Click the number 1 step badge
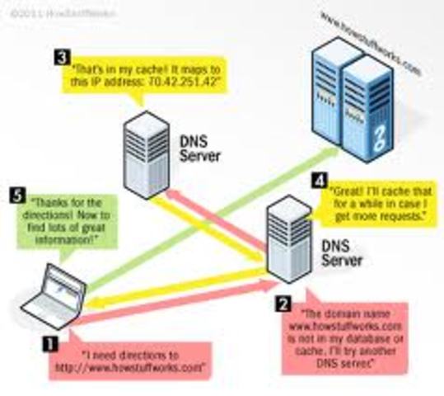51,338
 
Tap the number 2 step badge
283,303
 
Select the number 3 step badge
62,57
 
